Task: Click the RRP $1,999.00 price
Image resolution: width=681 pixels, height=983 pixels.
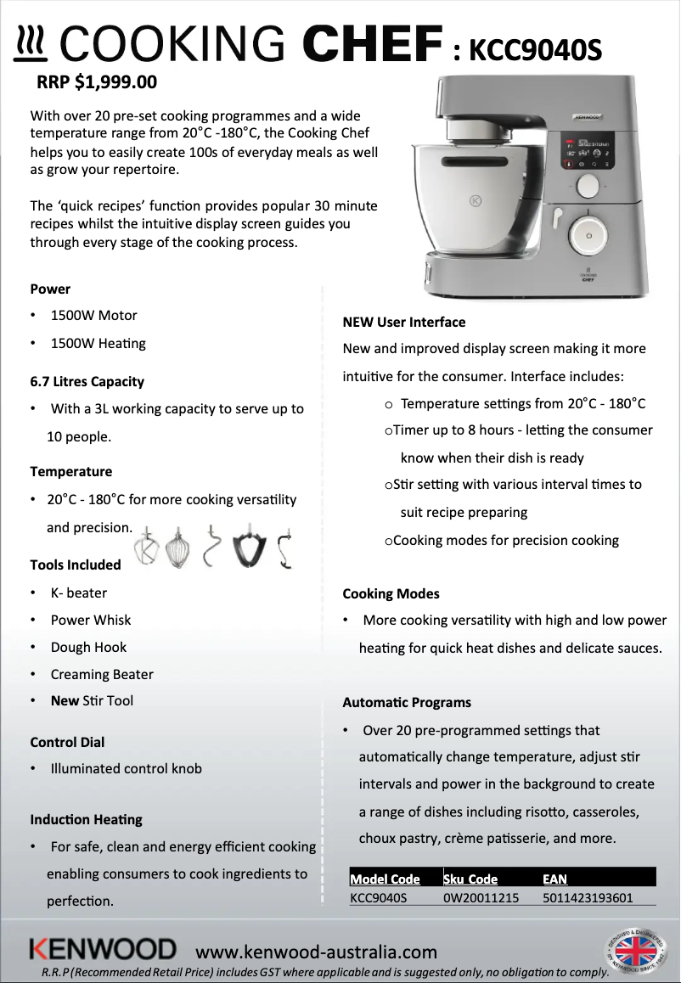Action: tap(97, 83)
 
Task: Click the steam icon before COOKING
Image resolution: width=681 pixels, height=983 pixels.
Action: tap(32, 44)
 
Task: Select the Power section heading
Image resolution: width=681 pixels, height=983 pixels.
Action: tap(50, 289)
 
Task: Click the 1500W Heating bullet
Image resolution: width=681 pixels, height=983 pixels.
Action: tap(98, 343)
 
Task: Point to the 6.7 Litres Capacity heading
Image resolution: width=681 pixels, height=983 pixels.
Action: tap(87, 381)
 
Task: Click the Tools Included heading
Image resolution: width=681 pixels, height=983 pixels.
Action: tap(76, 565)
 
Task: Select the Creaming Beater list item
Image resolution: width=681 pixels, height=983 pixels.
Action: tap(102, 674)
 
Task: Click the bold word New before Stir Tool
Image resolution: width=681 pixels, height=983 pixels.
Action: tap(65, 700)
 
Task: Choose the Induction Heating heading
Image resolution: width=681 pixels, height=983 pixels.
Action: tap(86, 819)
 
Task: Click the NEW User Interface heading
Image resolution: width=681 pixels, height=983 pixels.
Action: tap(403, 322)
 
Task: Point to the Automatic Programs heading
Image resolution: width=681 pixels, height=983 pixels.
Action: tap(406, 702)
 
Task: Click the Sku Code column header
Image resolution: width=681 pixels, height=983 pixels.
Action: tap(470, 879)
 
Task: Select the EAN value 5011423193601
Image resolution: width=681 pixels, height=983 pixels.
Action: tap(587, 897)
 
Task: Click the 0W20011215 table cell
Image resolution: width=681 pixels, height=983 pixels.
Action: tap(481, 897)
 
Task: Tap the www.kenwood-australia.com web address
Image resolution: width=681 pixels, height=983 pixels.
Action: tap(316, 952)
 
